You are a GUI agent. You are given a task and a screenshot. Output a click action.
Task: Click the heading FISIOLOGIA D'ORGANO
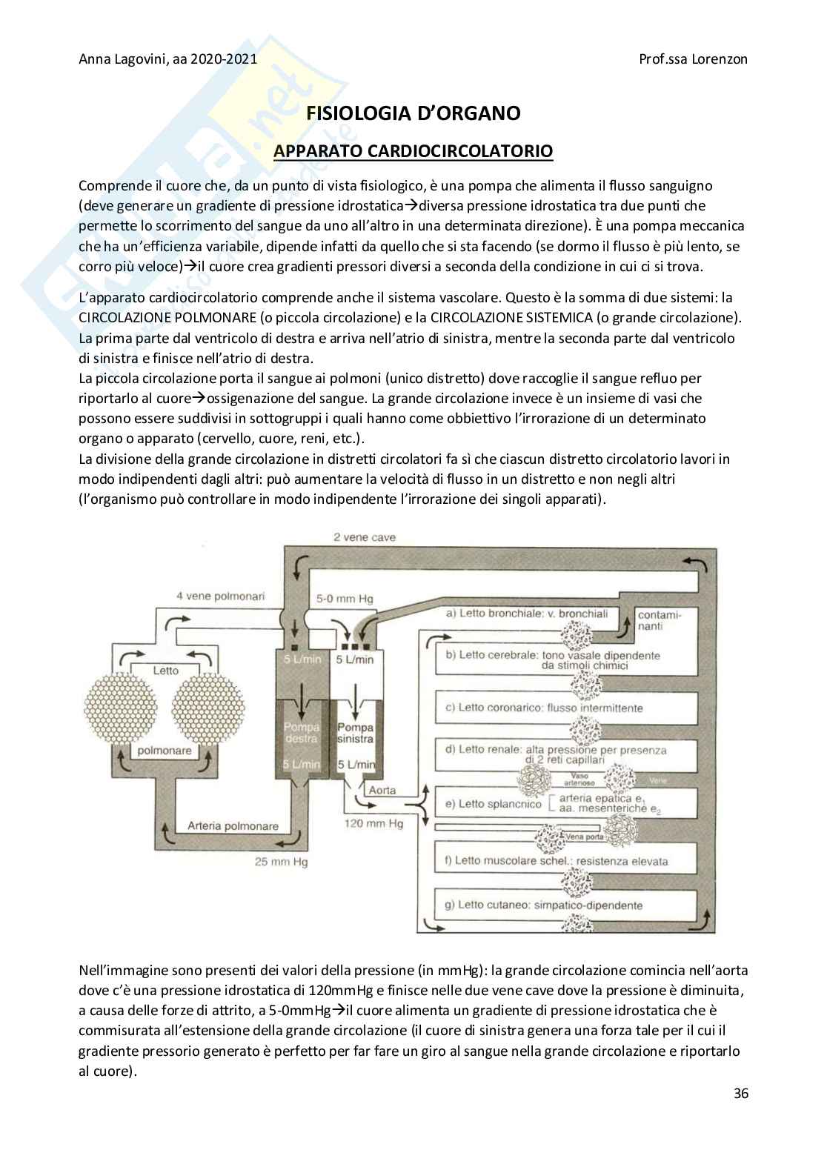[413, 113]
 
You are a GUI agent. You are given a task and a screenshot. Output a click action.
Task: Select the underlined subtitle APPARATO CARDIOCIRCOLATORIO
[413, 151]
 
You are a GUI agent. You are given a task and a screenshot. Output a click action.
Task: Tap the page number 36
[740, 1093]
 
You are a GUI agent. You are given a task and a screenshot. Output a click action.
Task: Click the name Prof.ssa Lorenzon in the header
[693, 59]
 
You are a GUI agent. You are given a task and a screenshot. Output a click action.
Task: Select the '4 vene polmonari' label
[220, 596]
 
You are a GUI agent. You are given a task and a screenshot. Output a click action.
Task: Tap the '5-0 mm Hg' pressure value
[345, 599]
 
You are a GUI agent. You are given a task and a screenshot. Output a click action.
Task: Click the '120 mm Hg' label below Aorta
[373, 823]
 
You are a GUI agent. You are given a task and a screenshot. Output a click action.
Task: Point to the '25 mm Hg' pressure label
[282, 862]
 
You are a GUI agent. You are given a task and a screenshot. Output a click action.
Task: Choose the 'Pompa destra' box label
[301, 733]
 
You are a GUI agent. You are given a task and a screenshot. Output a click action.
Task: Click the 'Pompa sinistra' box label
[355, 733]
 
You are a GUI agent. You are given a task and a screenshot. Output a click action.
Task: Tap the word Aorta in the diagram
[382, 790]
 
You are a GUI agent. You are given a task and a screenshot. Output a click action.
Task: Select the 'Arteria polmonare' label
[233, 825]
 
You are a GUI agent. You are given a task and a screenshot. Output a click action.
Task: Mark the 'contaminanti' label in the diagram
[659, 620]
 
